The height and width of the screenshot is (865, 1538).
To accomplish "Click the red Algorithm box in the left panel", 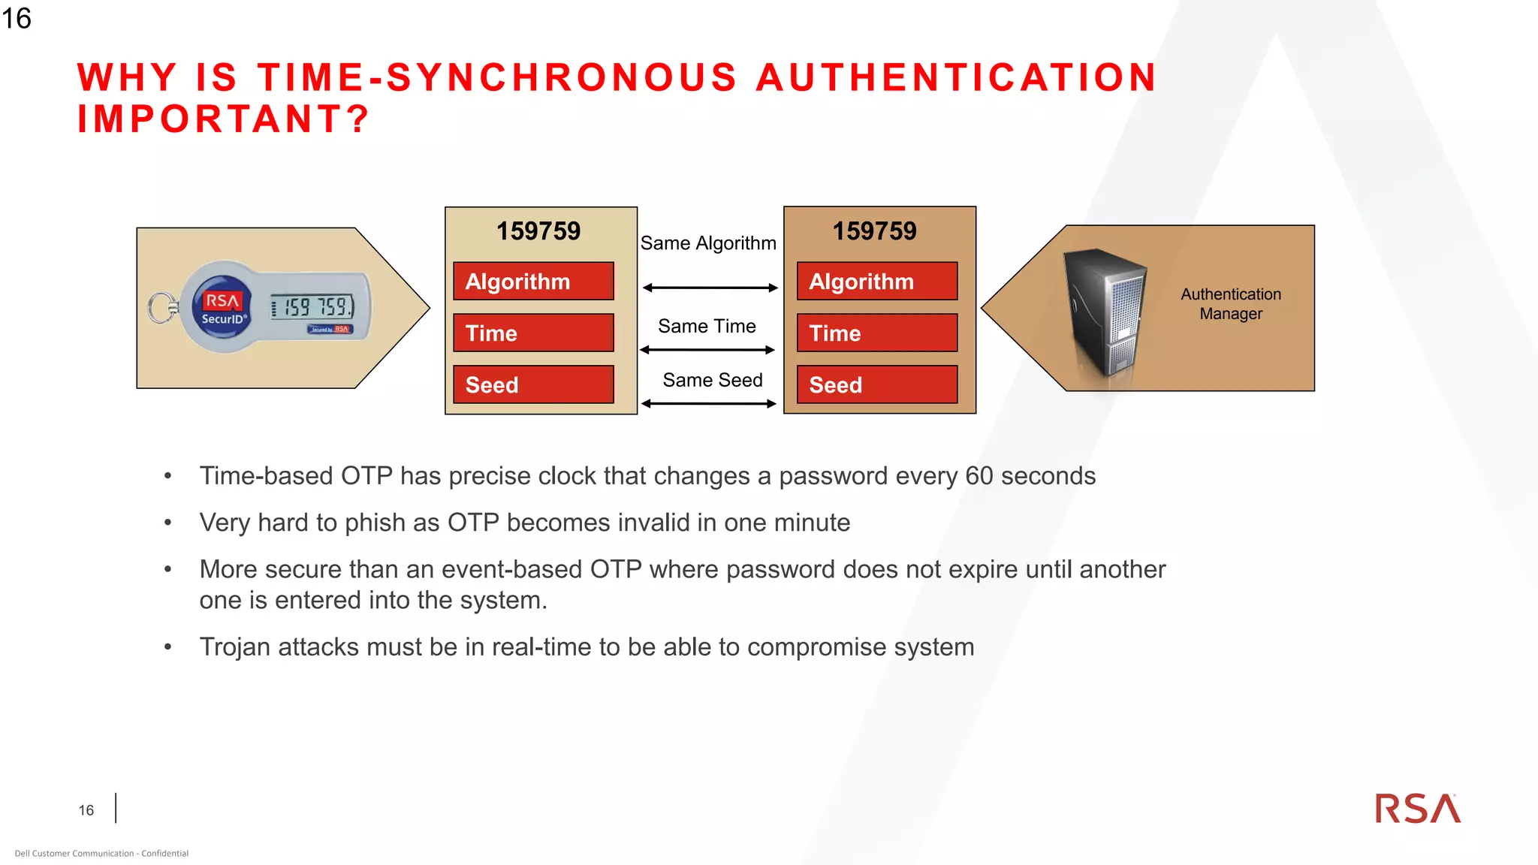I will [x=533, y=281].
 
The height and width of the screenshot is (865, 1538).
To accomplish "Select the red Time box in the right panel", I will [x=877, y=333].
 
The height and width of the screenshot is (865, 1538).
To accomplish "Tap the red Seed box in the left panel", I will [x=533, y=384].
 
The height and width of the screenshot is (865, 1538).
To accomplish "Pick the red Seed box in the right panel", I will [x=877, y=384].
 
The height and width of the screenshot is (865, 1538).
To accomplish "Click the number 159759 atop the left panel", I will [x=538, y=231].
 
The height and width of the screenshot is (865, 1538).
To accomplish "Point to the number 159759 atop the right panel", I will [x=875, y=231].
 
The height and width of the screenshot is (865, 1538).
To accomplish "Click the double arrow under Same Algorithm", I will [x=710, y=288].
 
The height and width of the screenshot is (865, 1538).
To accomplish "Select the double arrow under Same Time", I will [x=707, y=350].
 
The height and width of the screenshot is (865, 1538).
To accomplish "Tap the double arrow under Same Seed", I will [x=709, y=404].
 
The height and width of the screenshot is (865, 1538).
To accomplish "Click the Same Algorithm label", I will [x=708, y=243].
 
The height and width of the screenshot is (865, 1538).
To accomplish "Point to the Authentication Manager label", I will [x=1231, y=304].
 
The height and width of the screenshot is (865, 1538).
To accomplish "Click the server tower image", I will [x=1105, y=312].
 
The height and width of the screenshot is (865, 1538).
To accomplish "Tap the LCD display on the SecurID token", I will [x=312, y=306].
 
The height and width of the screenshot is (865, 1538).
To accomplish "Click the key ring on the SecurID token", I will [x=161, y=308].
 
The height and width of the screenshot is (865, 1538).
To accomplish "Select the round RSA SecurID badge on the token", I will [x=223, y=307].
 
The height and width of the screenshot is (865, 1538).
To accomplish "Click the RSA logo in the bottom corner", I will [x=1417, y=809].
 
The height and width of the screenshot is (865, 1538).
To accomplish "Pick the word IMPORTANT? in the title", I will [x=223, y=119].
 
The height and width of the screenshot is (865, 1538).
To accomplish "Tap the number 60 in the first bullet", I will [x=979, y=476].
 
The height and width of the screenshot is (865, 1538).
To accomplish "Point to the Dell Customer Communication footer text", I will [x=101, y=853].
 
